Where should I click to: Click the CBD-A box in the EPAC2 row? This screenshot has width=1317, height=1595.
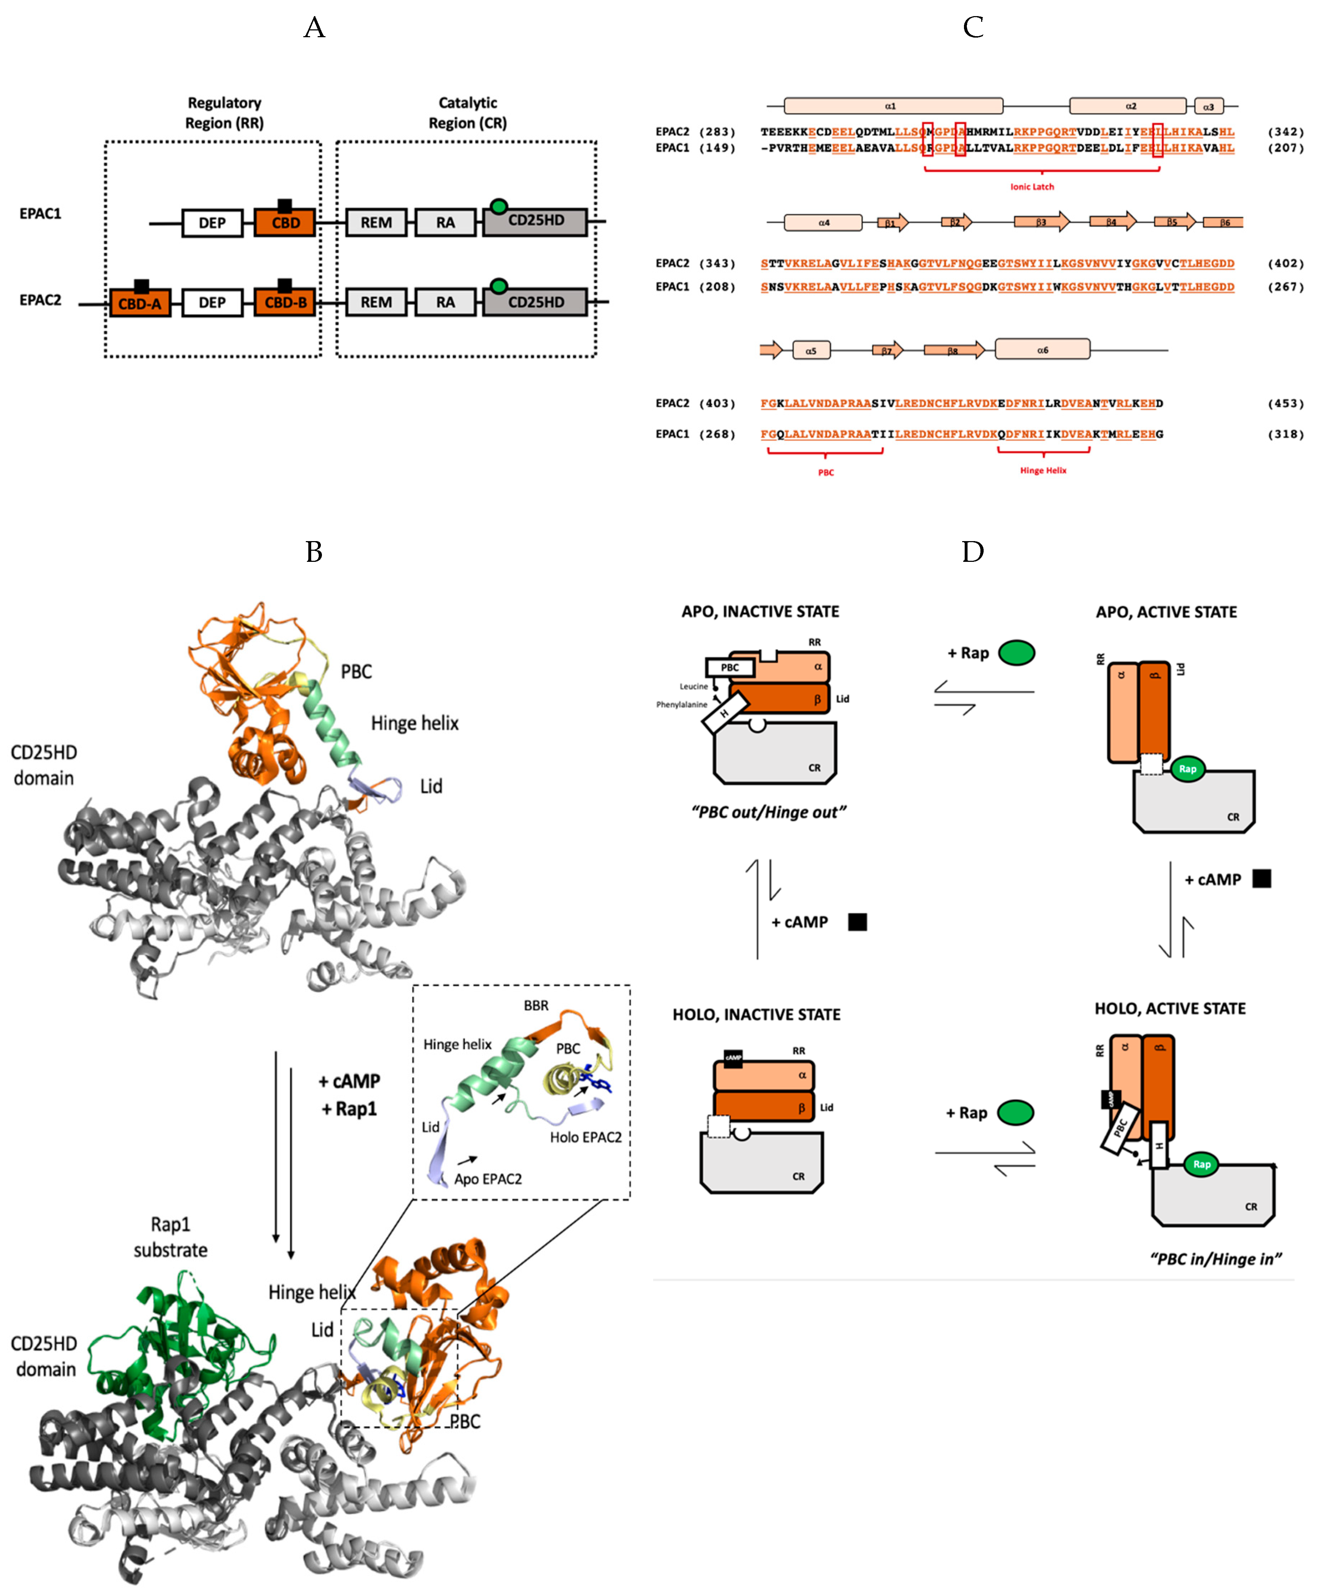[139, 303]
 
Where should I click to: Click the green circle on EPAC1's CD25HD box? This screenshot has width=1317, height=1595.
[498, 206]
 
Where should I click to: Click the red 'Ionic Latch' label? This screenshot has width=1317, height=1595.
[1032, 187]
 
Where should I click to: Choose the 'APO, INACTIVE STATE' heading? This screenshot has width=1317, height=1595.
[760, 612]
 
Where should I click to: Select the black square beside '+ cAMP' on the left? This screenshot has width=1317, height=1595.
[857, 922]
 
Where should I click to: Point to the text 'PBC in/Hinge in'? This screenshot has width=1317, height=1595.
[1215, 1259]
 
